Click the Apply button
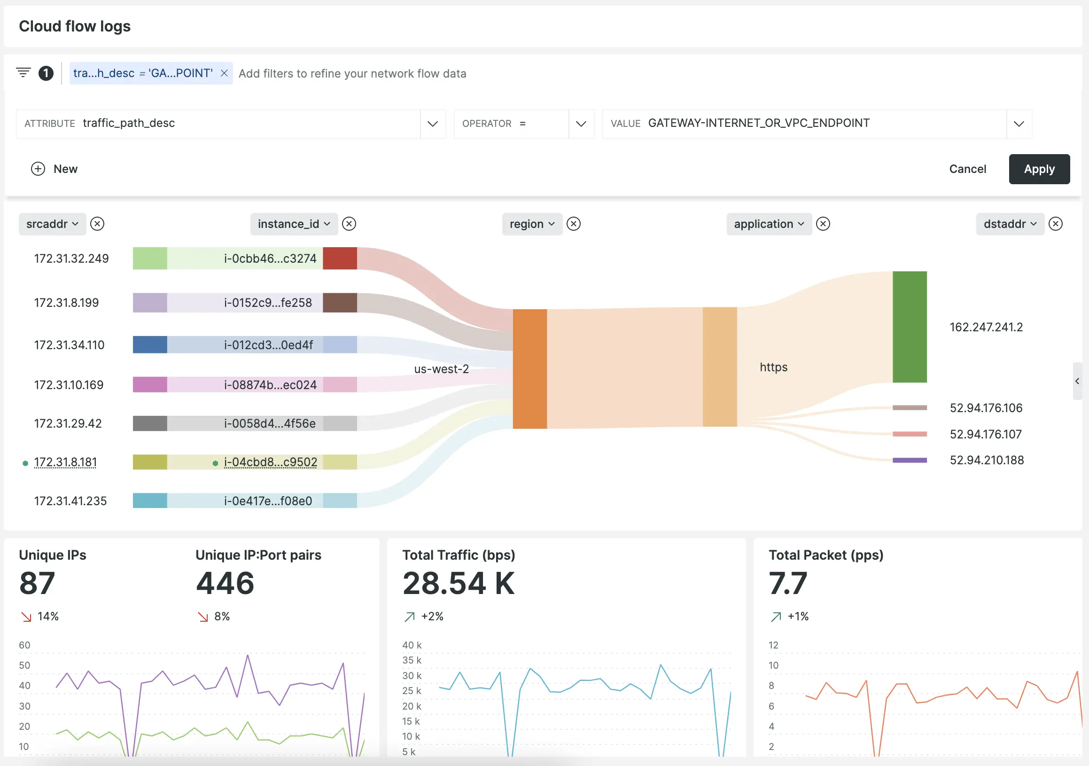tap(1039, 169)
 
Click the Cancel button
tap(967, 169)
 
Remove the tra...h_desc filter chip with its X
tap(225, 73)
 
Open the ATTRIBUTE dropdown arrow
tap(432, 124)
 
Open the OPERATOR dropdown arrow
tap(581, 124)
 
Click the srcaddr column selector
tap(52, 224)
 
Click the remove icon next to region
tap(574, 224)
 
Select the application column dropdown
tap(769, 224)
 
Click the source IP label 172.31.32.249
tap(71, 258)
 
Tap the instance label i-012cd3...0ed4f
tap(268, 345)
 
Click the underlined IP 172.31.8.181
tap(65, 462)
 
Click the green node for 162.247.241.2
tap(909, 327)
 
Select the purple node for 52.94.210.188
tap(909, 460)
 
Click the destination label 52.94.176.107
tap(985, 434)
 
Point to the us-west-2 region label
tap(441, 369)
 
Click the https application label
tap(773, 367)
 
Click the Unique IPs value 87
tap(37, 583)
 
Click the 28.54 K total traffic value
tap(458, 583)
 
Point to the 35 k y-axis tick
tap(411, 660)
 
